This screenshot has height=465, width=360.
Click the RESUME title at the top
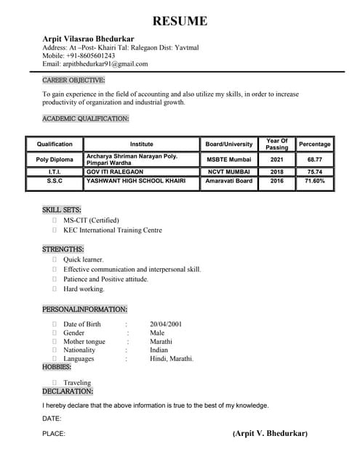coord(180,21)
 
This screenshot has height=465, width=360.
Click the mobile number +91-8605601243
coord(89,55)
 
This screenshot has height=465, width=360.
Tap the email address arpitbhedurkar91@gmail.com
coord(106,64)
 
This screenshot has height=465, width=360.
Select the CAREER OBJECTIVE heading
coord(73,80)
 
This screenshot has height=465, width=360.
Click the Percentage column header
coord(315,144)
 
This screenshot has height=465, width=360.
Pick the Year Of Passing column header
coord(277,144)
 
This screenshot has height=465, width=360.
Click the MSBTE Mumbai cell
coord(229,159)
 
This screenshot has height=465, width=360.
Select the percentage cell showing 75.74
coord(315,172)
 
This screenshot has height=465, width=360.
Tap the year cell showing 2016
coord(277,181)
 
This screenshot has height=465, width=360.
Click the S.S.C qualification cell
coord(55,181)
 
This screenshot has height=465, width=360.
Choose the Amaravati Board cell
coord(229,181)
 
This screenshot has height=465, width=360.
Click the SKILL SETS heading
coord(62,210)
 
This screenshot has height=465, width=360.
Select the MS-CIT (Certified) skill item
coord(91,220)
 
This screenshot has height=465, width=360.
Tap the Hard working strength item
coord(84,289)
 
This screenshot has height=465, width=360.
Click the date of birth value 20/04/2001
coord(166,324)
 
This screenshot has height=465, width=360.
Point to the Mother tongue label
coord(84,341)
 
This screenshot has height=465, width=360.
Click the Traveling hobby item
coord(77,383)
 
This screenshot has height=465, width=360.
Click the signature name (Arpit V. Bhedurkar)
coord(270,434)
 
